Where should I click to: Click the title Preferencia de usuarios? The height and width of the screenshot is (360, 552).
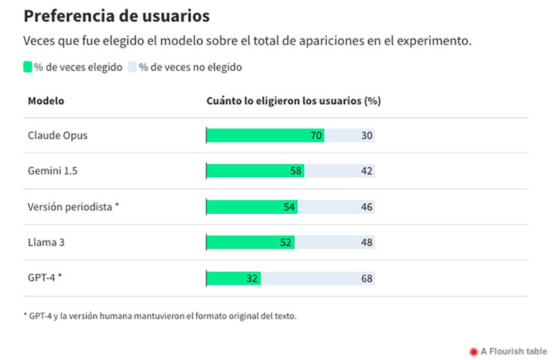[117, 15]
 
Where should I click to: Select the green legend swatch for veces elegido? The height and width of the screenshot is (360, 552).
[28, 67]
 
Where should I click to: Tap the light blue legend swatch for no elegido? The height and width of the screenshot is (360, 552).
[132, 67]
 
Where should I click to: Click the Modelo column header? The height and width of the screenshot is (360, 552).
[46, 101]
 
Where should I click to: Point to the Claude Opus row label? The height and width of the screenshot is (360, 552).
[57, 136]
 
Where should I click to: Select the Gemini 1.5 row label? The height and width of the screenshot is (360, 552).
[52, 171]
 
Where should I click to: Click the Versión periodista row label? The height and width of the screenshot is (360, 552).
[74, 207]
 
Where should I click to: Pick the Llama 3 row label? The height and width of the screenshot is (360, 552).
[46, 243]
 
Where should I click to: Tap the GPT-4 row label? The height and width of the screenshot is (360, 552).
[45, 279]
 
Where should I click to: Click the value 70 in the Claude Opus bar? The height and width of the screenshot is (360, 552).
[316, 136]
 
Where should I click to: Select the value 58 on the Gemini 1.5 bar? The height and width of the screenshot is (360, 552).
[296, 171]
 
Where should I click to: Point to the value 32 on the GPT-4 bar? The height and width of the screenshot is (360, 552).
[252, 279]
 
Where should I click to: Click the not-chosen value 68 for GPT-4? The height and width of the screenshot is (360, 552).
[366, 279]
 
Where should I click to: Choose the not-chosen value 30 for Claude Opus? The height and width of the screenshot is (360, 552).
[366, 136]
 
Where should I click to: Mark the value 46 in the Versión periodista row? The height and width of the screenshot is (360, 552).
[366, 207]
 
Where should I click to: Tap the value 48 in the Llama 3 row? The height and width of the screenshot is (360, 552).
[366, 243]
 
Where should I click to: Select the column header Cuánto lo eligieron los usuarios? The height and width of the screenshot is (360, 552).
[294, 101]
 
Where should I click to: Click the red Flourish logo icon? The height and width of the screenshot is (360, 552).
[473, 351]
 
